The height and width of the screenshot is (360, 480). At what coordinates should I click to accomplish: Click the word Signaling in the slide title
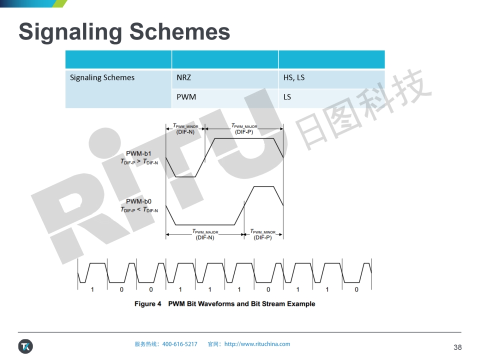pyautogui.click(x=70, y=32)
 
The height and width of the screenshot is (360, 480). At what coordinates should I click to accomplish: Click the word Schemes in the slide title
pyautogui.click(x=179, y=31)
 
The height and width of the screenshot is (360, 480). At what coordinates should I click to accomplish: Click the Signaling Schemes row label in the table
pyautogui.click(x=102, y=78)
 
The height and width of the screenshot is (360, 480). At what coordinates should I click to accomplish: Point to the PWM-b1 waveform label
pyautogui.click(x=138, y=153)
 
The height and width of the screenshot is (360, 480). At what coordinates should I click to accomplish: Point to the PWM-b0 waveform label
pyautogui.click(x=138, y=201)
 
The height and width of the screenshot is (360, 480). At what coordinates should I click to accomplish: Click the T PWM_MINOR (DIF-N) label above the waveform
pyautogui.click(x=185, y=129)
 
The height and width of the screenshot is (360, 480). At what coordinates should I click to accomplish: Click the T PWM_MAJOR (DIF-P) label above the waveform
pyautogui.click(x=244, y=129)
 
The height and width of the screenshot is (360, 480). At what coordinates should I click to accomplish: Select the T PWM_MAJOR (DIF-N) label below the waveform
pyautogui.click(x=205, y=234)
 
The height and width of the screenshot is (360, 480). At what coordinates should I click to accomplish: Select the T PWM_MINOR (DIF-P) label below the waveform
pyautogui.click(x=262, y=234)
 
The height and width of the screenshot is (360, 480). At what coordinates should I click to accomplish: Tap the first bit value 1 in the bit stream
pyautogui.click(x=92, y=289)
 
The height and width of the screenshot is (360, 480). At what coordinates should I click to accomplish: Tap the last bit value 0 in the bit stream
pyautogui.click(x=356, y=289)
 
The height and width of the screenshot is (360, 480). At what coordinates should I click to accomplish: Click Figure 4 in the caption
pyautogui.click(x=148, y=303)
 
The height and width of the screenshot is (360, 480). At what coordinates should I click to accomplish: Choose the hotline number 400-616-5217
pyautogui.click(x=179, y=344)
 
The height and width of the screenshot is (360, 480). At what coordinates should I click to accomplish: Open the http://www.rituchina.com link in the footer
pyautogui.click(x=257, y=344)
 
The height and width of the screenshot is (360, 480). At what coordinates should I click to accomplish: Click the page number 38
pyautogui.click(x=457, y=347)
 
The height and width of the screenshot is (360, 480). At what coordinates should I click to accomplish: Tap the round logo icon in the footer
pyautogui.click(x=25, y=346)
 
